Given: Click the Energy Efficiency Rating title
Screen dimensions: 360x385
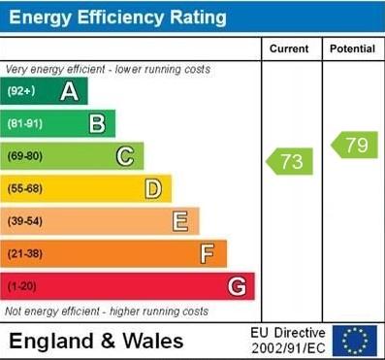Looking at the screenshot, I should click(x=117, y=17).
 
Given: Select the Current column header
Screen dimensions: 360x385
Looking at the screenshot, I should click(x=289, y=49).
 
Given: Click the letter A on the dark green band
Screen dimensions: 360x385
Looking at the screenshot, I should click(x=69, y=92).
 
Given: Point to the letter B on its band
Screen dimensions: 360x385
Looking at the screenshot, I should click(x=97, y=123).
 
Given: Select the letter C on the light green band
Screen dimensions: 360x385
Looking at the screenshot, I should click(x=124, y=156).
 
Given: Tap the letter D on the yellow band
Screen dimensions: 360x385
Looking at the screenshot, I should click(x=152, y=188).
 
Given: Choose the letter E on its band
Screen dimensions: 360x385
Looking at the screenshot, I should click(x=179, y=221).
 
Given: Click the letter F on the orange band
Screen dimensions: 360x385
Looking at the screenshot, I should click(x=207, y=254).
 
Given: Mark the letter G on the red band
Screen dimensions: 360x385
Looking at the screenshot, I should click(x=236, y=286).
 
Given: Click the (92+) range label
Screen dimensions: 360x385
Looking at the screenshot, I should click(x=21, y=92).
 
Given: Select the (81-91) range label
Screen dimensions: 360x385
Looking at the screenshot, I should click(x=25, y=124).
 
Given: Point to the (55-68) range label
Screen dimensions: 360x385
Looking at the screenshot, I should click(x=25, y=188).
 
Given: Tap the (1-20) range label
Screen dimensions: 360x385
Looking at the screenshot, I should click(x=22, y=287).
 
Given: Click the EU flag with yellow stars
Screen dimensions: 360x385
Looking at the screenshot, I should click(x=354, y=341).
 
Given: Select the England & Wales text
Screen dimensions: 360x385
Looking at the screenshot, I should click(x=95, y=342).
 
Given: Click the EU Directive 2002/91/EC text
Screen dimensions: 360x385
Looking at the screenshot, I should click(x=289, y=341).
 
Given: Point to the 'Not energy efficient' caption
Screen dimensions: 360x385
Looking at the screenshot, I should click(x=107, y=311).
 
